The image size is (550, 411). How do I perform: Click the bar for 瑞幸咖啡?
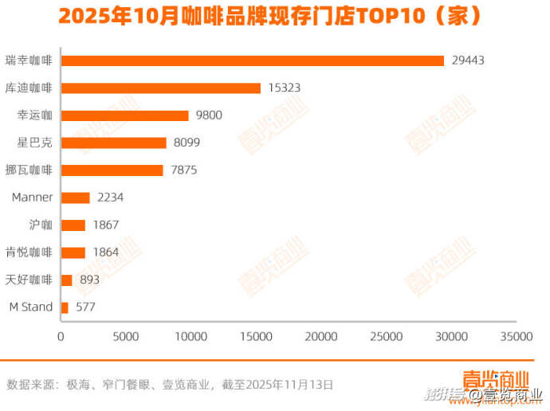[252, 61]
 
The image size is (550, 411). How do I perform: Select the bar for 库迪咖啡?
[161, 88]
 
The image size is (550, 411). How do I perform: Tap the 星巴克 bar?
[114, 143]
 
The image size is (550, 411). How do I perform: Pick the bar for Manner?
[76, 198]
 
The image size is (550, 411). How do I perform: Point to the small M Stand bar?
[65, 307]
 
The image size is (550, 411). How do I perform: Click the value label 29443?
[468, 61]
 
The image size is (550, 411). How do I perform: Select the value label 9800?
[209, 115]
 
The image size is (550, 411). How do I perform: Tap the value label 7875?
[183, 170]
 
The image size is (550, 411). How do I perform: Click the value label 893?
[89, 280]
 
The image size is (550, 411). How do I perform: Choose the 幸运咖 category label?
[34, 115]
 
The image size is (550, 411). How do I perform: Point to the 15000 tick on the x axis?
[257, 337]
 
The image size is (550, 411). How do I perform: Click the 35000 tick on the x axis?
[516, 337]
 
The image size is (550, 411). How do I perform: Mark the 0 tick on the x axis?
[61, 337]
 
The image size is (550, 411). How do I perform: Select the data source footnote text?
[170, 385]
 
